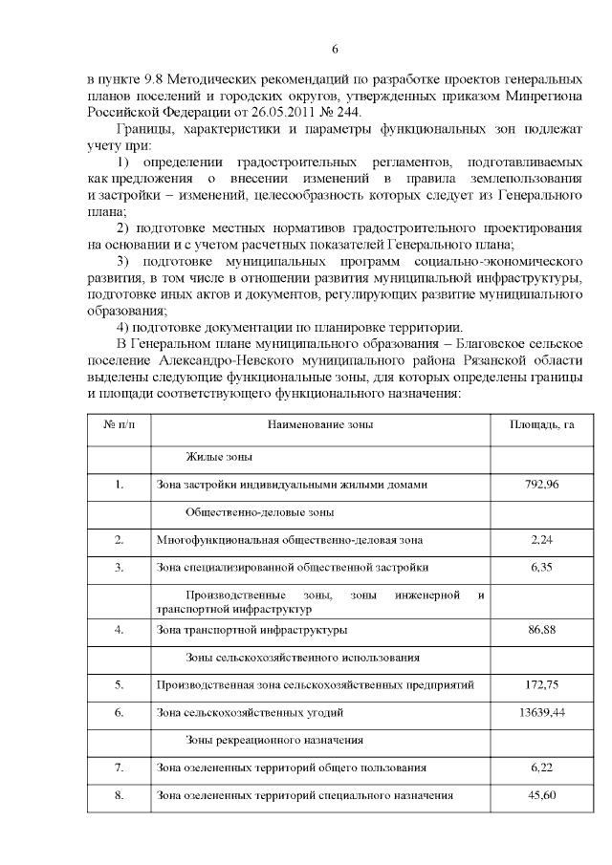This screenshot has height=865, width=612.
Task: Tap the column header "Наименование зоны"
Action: [320, 424]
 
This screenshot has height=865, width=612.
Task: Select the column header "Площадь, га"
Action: [540, 424]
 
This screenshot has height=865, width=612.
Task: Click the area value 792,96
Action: [541, 485]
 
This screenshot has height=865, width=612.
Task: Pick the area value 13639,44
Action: [541, 712]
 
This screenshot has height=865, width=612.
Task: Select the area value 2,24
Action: [541, 540]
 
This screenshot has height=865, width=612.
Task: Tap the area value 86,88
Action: [541, 630]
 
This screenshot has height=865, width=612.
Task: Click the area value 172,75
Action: [541, 684]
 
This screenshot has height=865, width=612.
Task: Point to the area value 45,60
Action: [541, 795]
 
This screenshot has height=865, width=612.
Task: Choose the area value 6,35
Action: [541, 568]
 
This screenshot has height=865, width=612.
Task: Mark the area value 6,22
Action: [541, 768]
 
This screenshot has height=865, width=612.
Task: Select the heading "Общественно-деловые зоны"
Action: [258, 512]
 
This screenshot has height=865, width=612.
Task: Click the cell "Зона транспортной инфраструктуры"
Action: [251, 630]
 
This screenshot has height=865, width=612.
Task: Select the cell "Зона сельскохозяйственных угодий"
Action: [250, 712]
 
